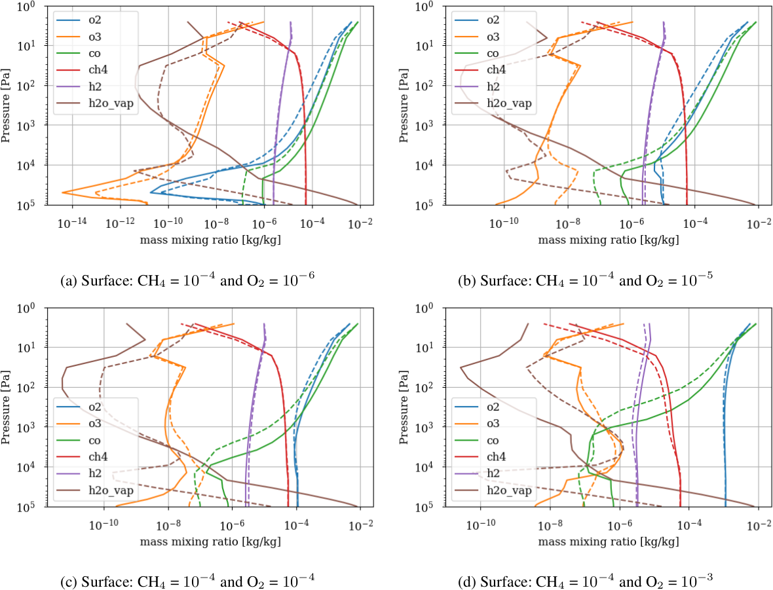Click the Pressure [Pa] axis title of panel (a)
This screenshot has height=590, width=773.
7,105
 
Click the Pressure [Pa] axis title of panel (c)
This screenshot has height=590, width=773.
7,407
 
